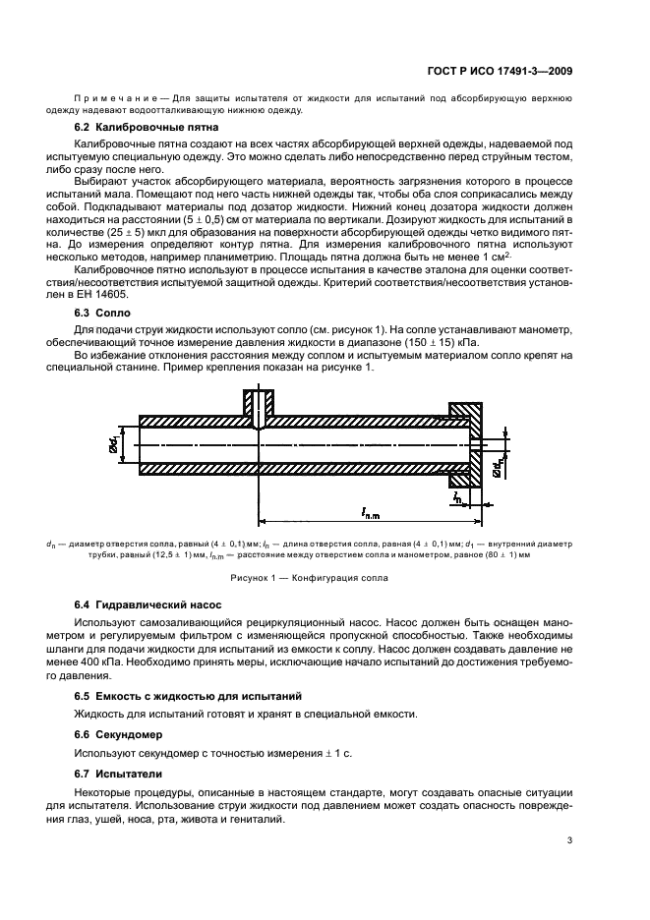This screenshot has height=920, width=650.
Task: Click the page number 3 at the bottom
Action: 570,840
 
